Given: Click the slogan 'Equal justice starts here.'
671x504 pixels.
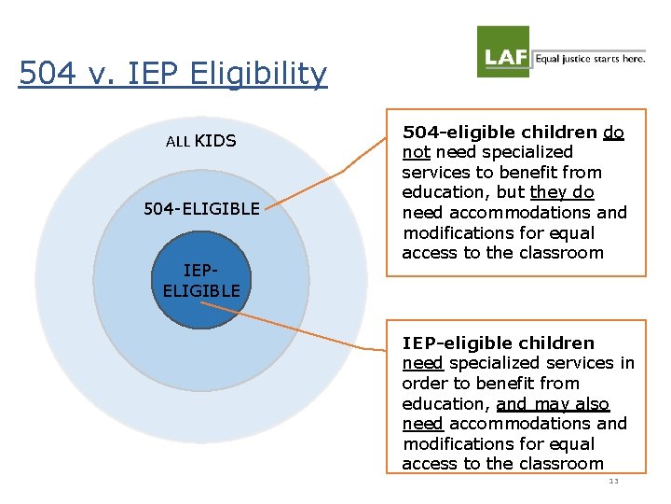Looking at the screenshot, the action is [589, 58].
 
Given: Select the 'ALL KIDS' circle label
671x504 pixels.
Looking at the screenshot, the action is [200, 141].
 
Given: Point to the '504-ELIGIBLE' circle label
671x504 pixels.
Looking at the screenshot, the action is [201, 208].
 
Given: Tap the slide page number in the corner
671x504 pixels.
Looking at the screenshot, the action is [612, 481].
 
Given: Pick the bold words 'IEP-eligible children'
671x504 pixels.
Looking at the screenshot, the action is [498, 343].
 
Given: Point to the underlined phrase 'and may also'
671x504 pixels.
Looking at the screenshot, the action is [553, 403].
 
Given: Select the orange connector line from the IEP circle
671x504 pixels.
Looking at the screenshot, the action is [317, 332].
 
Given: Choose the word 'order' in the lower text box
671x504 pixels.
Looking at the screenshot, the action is [424, 383].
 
